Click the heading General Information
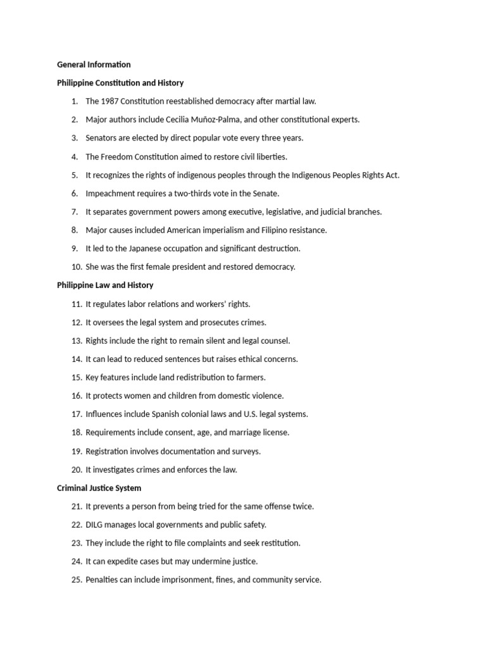click(x=94, y=65)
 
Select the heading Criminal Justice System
click(x=99, y=488)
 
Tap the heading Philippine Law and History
click(x=105, y=285)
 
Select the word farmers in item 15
click(x=251, y=377)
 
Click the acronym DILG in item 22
click(x=95, y=525)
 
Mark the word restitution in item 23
click(x=280, y=543)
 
